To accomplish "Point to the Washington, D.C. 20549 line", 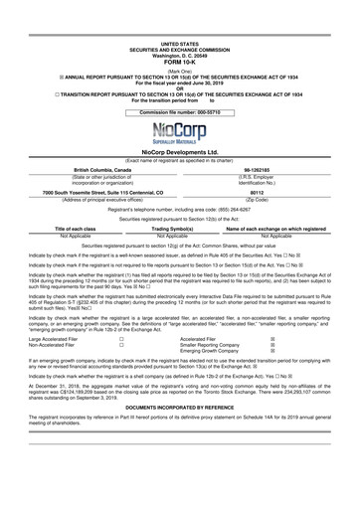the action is [x=179, y=24].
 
